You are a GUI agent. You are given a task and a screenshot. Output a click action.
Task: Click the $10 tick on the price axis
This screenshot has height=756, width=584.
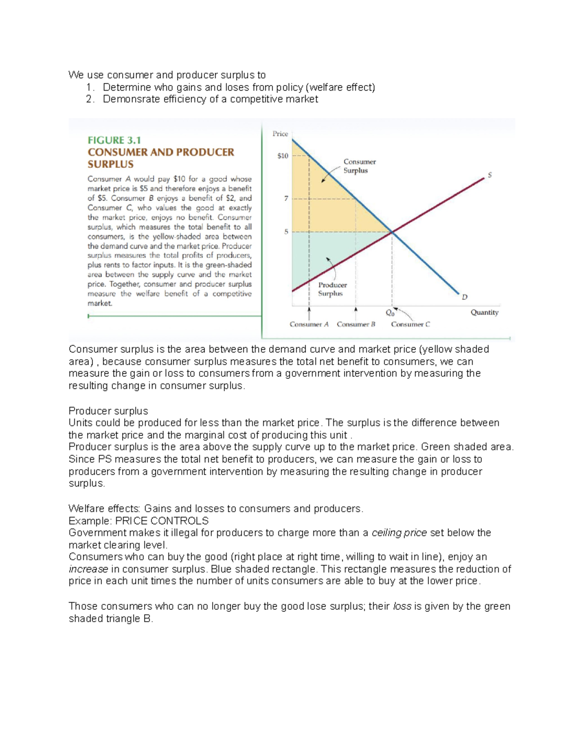coord(283,156)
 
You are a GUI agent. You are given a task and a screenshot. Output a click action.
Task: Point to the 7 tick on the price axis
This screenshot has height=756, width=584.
coord(286,198)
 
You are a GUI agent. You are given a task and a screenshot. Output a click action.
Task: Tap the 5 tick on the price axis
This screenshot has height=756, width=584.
coord(286,232)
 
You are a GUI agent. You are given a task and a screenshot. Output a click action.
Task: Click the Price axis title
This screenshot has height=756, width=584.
coord(280,133)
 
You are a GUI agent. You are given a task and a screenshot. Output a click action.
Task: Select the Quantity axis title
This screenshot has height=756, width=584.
coord(484,313)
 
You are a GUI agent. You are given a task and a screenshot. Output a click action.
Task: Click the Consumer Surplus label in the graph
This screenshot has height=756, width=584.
coord(359,166)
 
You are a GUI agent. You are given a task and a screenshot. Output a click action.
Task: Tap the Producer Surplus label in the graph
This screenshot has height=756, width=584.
coord(332,289)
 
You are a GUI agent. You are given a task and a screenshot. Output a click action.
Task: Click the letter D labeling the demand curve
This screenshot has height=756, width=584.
coord(464,296)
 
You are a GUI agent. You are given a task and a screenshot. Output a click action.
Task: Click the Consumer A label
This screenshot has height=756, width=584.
coord(309,324)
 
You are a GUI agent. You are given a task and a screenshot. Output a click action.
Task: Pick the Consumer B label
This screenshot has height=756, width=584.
coord(356,324)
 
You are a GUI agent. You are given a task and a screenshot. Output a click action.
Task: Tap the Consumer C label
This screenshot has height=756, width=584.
coord(410,324)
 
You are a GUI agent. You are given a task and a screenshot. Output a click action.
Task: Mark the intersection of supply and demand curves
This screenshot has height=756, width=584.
coord(392,232)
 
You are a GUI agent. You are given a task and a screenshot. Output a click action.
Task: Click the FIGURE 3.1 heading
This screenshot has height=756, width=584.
coord(114,140)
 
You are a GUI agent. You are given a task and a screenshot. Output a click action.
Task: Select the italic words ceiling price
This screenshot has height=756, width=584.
coord(399,533)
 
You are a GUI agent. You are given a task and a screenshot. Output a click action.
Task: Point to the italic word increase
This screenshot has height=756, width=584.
coord(88,569)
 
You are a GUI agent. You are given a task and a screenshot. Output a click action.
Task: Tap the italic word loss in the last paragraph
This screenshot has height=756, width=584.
coord(401,606)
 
